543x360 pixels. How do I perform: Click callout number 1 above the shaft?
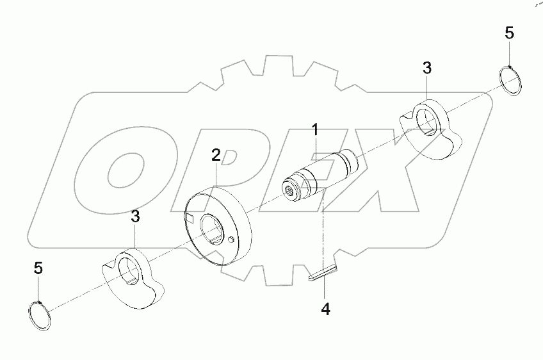(x=315, y=130)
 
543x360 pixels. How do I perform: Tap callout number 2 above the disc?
(x=216, y=154)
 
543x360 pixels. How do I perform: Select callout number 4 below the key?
(x=325, y=309)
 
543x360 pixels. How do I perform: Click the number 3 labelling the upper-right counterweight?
(x=427, y=68)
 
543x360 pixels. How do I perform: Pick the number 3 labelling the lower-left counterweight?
(x=135, y=217)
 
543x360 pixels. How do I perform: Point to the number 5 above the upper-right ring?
(x=509, y=34)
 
